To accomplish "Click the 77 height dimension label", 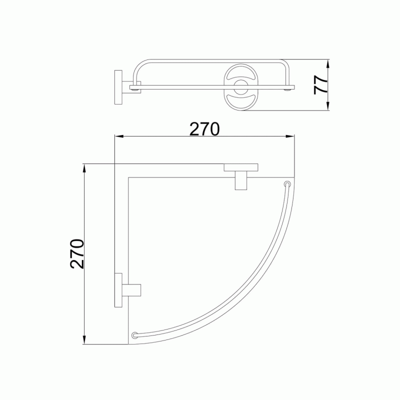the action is point(320,84).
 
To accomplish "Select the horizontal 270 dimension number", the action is point(204,129).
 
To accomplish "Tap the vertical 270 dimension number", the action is point(77,254).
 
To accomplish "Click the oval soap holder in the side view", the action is point(240,87).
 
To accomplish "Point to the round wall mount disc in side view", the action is point(118,87).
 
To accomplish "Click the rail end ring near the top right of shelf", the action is point(287,184).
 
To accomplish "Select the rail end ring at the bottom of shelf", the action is point(134,335).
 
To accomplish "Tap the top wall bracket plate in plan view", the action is point(241,167).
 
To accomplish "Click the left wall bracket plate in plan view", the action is point(118,290).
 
